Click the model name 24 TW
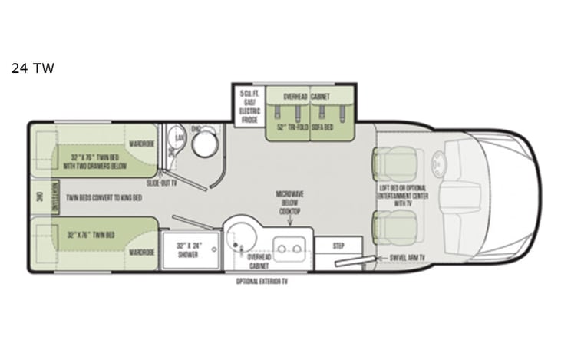(32, 68)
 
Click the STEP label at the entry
(338, 246)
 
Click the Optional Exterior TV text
(267, 282)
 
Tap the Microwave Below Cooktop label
(290, 202)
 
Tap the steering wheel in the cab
(438, 163)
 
